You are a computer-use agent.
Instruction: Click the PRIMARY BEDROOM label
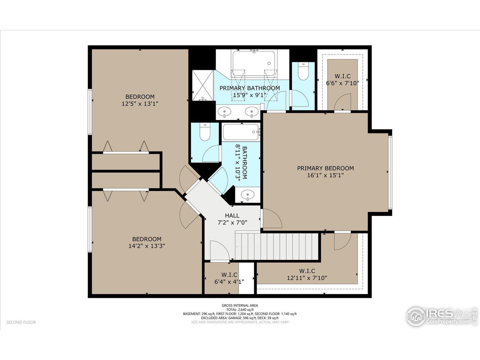325,168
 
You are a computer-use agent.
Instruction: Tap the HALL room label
232,216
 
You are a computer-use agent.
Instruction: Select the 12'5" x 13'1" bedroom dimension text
140,104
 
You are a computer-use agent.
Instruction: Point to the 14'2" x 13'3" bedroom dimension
147,246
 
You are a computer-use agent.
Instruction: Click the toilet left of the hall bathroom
205,132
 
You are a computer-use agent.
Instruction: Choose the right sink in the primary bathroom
251,111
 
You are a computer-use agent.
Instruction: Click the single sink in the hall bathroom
247,195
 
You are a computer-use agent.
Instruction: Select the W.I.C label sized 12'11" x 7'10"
307,271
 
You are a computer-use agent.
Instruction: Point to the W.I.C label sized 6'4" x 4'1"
229,274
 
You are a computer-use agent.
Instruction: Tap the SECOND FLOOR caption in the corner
21,322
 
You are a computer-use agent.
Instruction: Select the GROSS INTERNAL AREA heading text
240,305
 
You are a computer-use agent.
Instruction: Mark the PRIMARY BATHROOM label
249,88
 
